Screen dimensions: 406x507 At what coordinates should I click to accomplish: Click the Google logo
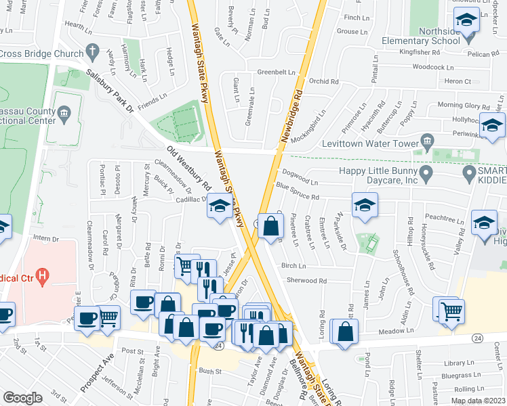click(x=22, y=398)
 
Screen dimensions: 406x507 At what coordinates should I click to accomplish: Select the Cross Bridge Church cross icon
click(x=92, y=52)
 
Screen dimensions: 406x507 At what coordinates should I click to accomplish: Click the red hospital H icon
click(x=43, y=275)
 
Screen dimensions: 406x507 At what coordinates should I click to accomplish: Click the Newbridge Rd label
click(x=296, y=83)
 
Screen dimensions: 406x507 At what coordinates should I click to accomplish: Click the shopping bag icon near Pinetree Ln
click(x=270, y=226)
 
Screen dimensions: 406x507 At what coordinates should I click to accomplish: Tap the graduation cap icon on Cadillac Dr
click(x=219, y=206)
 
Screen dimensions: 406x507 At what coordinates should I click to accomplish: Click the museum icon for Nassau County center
click(x=64, y=112)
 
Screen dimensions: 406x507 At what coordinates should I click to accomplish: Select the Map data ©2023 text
click(x=479, y=401)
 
